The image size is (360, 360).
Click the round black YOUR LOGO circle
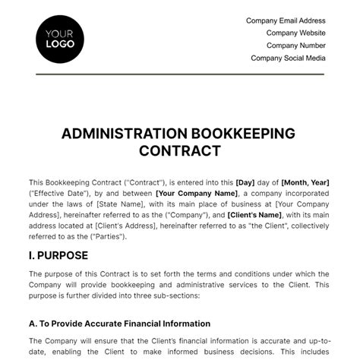tap(59, 37)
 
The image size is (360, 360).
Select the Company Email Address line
tap(286, 21)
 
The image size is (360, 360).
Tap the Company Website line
tap(295, 33)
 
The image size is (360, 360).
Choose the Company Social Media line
tap(288, 58)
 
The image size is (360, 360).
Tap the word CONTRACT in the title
tap(180, 150)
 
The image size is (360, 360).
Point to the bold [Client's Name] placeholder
tap(254, 216)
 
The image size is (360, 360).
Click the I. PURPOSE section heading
tap(58, 255)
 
